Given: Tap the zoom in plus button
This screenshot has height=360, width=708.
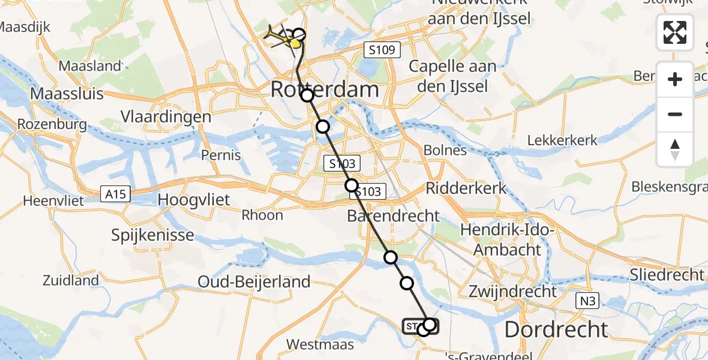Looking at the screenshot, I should [675, 79].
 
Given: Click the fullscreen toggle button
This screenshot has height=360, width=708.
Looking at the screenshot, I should [675, 32].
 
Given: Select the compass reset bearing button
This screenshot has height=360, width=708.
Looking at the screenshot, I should [675, 149].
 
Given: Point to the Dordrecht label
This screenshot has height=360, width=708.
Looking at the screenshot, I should [556, 329].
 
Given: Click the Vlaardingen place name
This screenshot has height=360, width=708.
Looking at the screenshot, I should [166, 116].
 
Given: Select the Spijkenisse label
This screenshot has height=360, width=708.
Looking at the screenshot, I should [152, 235].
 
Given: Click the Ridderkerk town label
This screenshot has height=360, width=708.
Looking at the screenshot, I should [466, 188].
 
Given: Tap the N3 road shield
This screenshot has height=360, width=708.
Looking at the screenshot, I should [586, 301].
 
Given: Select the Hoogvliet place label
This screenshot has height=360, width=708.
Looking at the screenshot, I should [194, 200].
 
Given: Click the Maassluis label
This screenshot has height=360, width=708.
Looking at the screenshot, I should [67, 94].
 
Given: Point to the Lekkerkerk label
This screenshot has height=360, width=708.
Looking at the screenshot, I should [562, 140].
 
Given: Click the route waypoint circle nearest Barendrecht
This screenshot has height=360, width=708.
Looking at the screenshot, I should [352, 185].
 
